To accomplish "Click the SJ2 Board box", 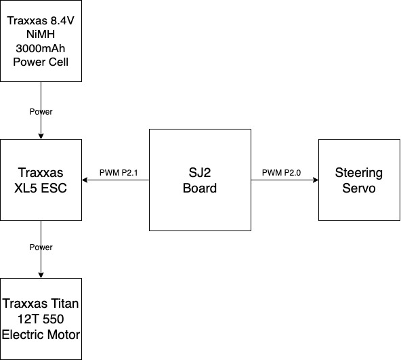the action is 200,180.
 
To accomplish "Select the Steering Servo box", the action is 359,180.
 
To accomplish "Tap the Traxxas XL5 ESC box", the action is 41,180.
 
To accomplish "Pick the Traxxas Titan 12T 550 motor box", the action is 41,319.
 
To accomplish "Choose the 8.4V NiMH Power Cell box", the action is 41,41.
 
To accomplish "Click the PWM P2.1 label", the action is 119,173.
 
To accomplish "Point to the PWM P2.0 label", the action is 281,173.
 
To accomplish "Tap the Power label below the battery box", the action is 41,112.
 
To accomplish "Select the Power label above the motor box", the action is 41,247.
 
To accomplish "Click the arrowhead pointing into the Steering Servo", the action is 316,180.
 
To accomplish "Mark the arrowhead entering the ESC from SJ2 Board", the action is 85,180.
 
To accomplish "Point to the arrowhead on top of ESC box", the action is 41,136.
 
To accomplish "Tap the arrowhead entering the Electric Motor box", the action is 41,275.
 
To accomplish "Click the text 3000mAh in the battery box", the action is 41,48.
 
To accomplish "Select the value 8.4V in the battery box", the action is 62,21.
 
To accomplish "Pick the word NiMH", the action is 41,35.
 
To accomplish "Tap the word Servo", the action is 359,188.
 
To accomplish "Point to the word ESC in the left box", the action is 54,188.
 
